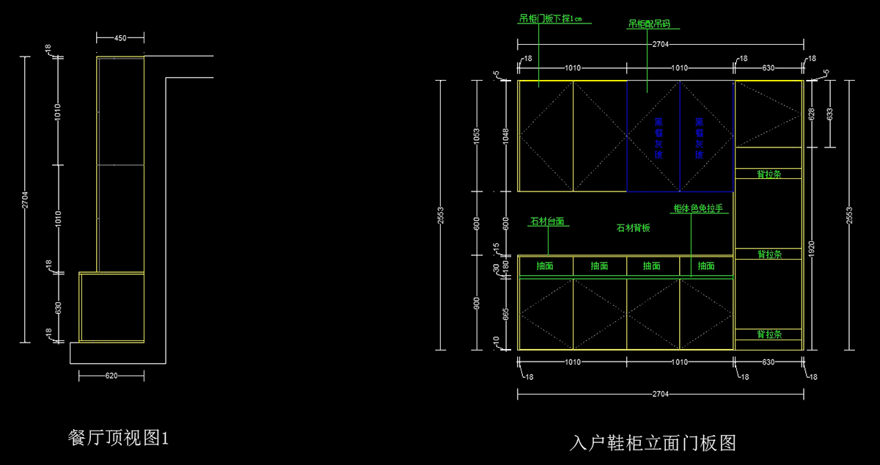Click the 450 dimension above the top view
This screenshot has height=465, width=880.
tap(120, 37)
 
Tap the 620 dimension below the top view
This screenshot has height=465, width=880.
tap(111, 376)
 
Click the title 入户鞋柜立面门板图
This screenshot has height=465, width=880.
tap(652, 442)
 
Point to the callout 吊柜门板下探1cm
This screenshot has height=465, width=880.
tap(550, 19)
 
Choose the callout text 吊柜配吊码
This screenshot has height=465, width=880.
tap(649, 24)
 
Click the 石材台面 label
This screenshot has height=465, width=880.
tap(547, 221)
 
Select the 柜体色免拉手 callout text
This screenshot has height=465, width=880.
tap(698, 208)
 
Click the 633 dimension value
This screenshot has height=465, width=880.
tap(829, 114)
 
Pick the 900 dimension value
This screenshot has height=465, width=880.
tap(476, 303)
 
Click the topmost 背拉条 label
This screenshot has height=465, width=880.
tap(769, 174)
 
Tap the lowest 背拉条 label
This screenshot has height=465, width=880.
tap(769, 334)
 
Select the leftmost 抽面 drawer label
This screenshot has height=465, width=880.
tap(545, 266)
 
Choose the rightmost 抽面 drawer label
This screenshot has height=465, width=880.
tap(706, 266)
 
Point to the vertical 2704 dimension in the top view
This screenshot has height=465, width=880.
tap(25, 199)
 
